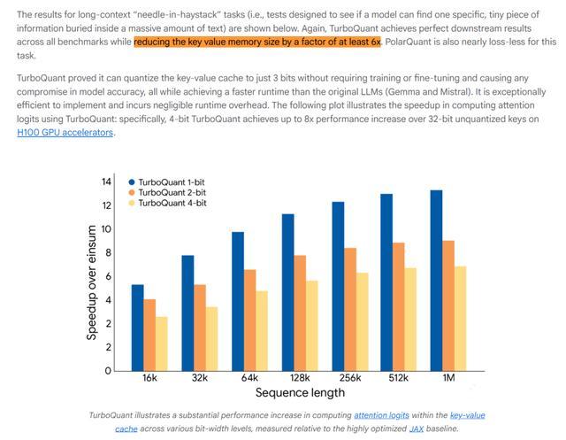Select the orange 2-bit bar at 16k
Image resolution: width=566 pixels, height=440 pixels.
[x=149, y=336]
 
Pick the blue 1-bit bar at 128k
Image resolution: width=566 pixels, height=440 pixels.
[x=287, y=292]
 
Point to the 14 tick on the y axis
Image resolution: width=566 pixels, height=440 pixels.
[x=107, y=181]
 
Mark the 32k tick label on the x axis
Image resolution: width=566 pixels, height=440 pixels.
[x=200, y=378]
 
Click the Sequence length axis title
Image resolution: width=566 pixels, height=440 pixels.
[x=299, y=392]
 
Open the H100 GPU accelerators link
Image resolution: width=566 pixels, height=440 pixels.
[x=65, y=133]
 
